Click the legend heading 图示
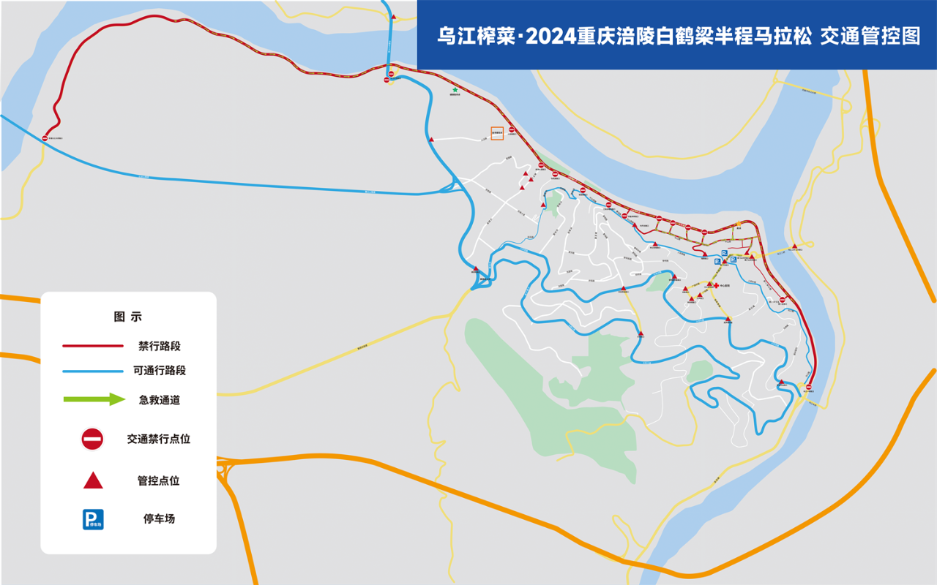point(128,317)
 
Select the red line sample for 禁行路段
point(92,346)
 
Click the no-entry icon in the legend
point(92,439)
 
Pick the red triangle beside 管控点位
point(93,480)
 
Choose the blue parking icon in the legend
point(93,519)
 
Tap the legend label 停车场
point(159,519)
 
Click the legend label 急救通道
point(160,400)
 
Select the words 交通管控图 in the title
point(870,36)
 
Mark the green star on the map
point(455,90)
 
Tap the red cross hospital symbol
point(716,285)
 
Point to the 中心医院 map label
point(727,285)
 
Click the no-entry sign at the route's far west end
point(45,137)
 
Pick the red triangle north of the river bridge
point(394,17)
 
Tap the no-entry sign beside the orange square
point(512,130)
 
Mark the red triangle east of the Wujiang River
point(794,246)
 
